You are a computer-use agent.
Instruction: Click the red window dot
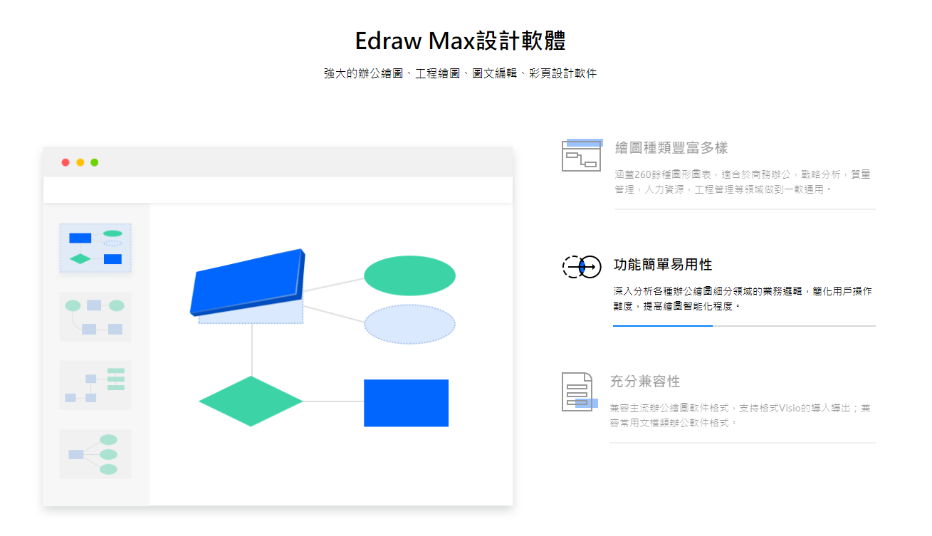pos(66,162)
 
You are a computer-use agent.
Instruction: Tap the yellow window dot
pos(80,162)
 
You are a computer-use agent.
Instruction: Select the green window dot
pos(95,162)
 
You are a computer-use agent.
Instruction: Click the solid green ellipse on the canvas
pos(409,275)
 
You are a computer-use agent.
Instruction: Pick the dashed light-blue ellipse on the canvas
pos(409,325)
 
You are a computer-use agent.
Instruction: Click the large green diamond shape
pos(251,401)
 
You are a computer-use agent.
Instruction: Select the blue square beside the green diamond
pos(406,403)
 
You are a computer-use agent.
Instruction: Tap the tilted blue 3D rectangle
pos(248,281)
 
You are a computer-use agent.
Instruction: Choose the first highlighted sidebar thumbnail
pos(95,248)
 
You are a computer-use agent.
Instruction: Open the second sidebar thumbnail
pos(95,317)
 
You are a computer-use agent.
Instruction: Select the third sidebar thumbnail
pos(95,385)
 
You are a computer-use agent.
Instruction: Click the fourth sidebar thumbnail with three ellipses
pos(95,454)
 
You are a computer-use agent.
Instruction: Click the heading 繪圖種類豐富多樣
pos(671,147)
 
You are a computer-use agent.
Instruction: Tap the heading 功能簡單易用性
pos(663,265)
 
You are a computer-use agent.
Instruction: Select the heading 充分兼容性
pos(645,382)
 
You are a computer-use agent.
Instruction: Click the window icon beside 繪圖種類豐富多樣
pos(582,155)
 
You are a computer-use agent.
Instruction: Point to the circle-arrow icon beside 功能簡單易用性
pos(582,266)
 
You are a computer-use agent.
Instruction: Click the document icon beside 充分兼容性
pos(579,392)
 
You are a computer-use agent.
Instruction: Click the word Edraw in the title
pos(388,41)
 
